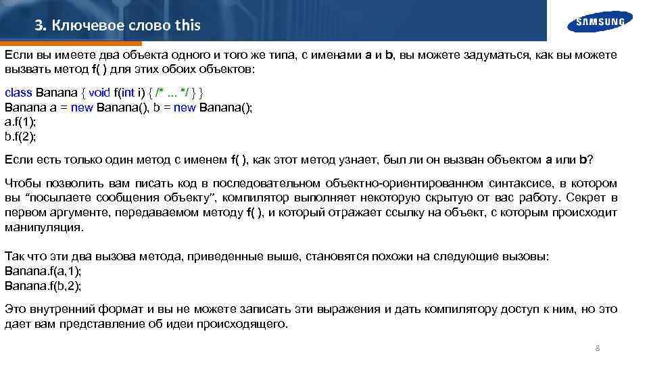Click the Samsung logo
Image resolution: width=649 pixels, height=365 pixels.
[600, 22]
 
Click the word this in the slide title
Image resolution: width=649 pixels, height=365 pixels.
[187, 26]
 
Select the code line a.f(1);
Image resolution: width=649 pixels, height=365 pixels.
[20, 122]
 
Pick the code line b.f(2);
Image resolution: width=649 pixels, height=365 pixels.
[20, 137]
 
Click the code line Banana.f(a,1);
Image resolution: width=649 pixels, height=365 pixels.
[43, 271]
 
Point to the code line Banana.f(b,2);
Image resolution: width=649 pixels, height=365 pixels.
[43, 285]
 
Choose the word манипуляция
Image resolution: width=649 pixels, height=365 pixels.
[45, 227]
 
